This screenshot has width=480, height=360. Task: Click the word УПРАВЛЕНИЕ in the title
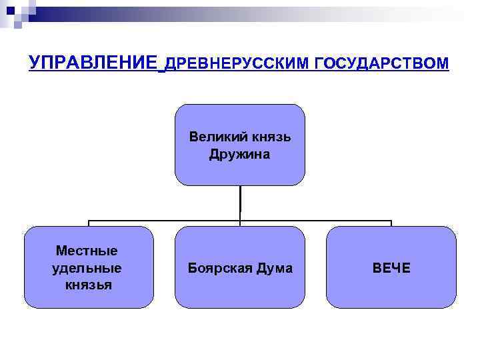pos(93,63)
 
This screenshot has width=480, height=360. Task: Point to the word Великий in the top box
pos(218,137)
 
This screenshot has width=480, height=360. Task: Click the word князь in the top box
pos(271,137)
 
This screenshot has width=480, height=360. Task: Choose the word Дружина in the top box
pos(240,155)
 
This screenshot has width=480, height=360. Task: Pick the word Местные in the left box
pos(87,251)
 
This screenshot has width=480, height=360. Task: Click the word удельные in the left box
pos(87,268)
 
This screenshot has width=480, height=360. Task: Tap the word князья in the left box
pos(89,285)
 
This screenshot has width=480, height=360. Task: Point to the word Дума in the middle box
pos(277,268)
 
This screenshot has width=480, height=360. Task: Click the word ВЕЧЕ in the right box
pos(391,268)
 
